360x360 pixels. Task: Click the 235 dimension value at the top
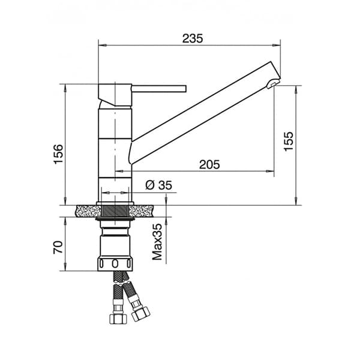[x=193, y=38]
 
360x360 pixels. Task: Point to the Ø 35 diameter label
[x=158, y=185]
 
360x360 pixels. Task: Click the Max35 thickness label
[x=157, y=242]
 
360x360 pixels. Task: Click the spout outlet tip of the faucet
[x=273, y=83]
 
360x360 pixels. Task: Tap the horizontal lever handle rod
[x=159, y=89]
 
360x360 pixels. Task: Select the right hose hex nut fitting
[x=142, y=313]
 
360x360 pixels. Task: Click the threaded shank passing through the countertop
[x=115, y=211]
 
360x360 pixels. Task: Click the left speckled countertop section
[x=87, y=211]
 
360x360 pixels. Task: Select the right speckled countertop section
[x=147, y=211]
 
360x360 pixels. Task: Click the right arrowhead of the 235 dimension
[x=278, y=44]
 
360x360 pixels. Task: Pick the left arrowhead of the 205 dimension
[x=134, y=172]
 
